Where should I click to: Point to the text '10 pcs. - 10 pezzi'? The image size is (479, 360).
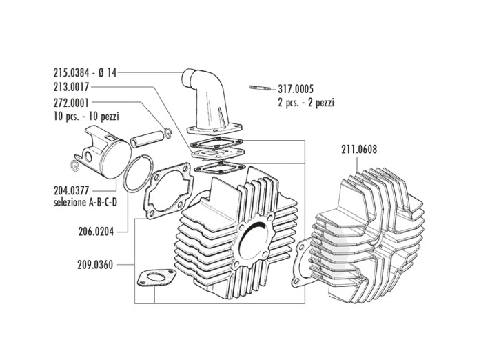(88, 115)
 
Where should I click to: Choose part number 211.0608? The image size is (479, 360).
(359, 148)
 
